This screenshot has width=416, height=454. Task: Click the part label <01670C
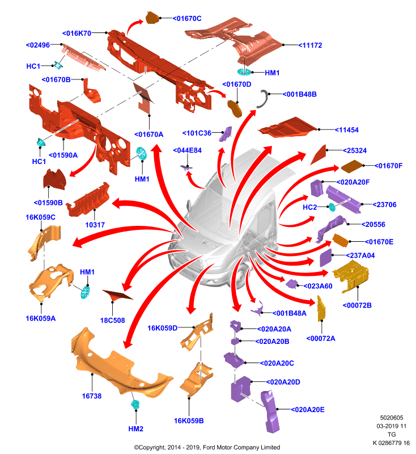(x=187, y=19)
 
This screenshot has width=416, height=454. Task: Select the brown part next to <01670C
(x=152, y=18)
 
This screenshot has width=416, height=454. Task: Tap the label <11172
(x=310, y=45)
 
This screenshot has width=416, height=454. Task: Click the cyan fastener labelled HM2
(x=135, y=404)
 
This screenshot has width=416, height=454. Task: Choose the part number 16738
(x=92, y=396)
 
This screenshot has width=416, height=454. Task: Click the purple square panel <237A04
(x=326, y=258)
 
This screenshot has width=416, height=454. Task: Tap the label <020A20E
(x=308, y=409)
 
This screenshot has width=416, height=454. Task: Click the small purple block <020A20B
(x=235, y=341)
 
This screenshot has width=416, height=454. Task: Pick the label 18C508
(x=112, y=320)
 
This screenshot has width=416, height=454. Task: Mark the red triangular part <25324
(x=319, y=154)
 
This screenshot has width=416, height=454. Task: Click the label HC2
(x=309, y=207)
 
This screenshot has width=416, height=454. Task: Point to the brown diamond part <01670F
(x=352, y=166)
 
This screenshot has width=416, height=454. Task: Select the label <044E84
(x=188, y=150)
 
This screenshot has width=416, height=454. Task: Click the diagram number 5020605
(x=392, y=418)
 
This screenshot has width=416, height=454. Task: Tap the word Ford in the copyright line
(x=209, y=447)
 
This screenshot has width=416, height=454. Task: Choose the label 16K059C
(x=40, y=217)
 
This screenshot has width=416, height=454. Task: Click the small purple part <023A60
(x=291, y=284)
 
